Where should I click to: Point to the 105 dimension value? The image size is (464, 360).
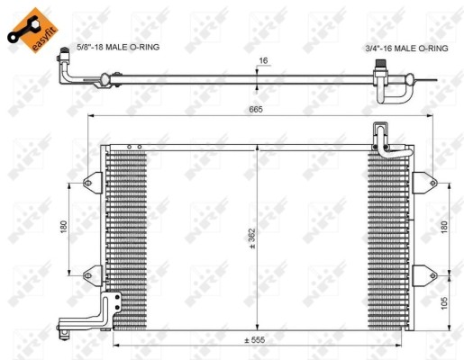[x=444, y=302]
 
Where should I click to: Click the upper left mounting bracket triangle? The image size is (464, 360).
[x=92, y=183]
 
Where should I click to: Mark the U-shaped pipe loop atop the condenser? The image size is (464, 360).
[x=382, y=140]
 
